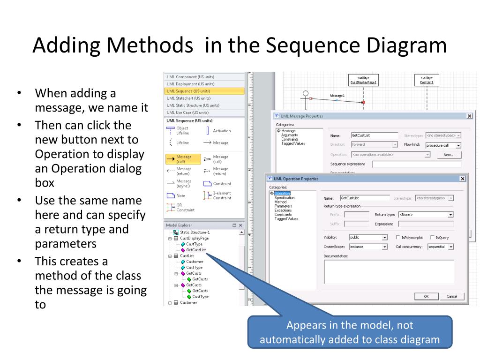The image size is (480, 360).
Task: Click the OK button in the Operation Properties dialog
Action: click(x=426, y=296)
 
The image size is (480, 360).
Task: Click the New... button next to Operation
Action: click(x=449, y=155)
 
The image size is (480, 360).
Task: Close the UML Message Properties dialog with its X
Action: click(x=469, y=116)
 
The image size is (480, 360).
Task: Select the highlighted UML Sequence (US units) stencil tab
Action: click(x=204, y=91)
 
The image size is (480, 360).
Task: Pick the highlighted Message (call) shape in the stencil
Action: click(x=183, y=159)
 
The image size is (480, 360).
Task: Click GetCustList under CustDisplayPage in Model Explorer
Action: click(x=196, y=250)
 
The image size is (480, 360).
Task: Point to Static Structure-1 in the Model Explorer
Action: click(x=195, y=232)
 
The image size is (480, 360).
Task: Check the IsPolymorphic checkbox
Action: click(x=398, y=238)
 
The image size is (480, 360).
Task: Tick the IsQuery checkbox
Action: click(x=432, y=238)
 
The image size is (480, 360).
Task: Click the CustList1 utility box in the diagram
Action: click(x=426, y=80)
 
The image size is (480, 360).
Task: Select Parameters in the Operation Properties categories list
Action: click(x=283, y=206)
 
